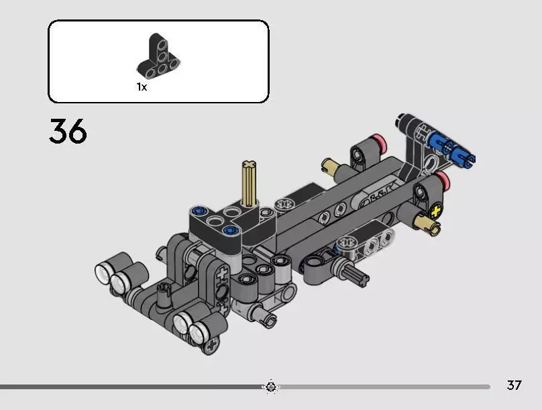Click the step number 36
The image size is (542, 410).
pos(68,132)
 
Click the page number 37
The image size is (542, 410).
pos(514,385)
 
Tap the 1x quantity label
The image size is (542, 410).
pos(142,87)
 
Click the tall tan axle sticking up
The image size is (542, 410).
pos(248,185)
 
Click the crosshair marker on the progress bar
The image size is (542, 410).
pos(270,386)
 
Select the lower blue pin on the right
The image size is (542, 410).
pos(463,158)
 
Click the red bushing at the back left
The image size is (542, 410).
pos(383,142)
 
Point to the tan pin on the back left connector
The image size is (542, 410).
pos(330,165)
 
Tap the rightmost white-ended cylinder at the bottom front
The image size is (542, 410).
pos(199,331)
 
